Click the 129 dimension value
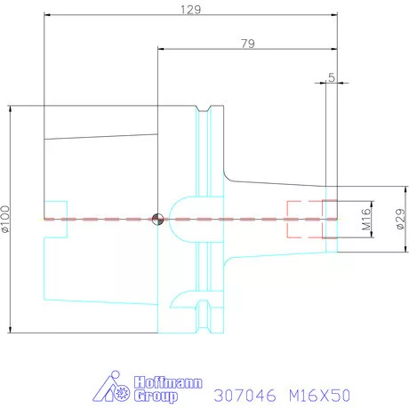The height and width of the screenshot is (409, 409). point(190,10)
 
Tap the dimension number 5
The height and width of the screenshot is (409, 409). point(332,78)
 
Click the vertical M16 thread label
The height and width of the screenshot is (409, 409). point(365,219)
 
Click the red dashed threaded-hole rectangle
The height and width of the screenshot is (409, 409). point(305,219)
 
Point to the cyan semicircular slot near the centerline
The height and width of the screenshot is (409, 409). point(183,213)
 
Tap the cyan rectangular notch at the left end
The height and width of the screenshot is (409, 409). point(54,219)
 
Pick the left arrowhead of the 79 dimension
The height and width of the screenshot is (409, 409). point(161,49)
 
